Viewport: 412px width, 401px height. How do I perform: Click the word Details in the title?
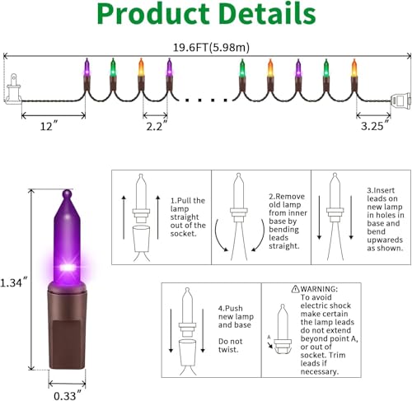267,13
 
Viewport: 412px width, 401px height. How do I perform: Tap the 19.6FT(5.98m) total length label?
211,48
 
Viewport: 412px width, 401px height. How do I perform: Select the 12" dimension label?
49,127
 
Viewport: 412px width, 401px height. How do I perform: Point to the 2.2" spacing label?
157,126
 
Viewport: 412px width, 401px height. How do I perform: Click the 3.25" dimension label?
375,125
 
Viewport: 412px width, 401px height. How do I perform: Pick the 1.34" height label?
14,282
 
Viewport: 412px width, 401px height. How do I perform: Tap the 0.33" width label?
68,395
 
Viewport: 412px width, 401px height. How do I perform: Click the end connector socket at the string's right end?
400,101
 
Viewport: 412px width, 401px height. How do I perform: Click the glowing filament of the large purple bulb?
68,267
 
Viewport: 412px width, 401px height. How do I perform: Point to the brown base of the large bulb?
68,326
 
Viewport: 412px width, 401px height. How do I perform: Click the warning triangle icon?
296,289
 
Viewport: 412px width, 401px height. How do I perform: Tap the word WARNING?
318,289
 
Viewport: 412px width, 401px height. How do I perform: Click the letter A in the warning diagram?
269,337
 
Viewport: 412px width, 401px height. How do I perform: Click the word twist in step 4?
227,349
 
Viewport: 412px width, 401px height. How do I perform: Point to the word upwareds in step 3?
385,240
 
